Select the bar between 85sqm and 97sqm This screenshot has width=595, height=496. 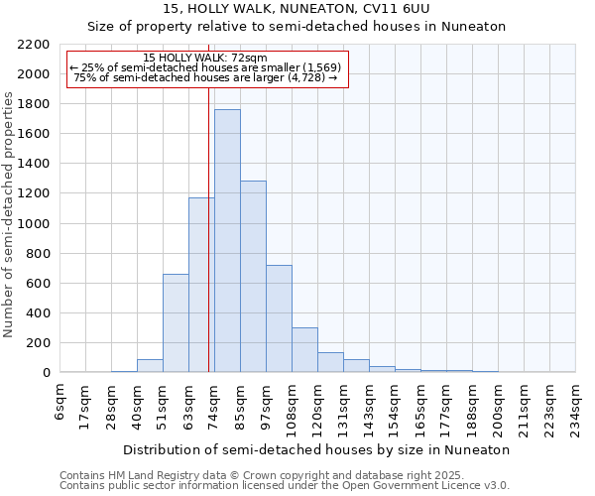click(x=253, y=277)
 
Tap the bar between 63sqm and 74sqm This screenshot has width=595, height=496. click(x=201, y=285)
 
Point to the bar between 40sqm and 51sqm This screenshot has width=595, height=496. click(x=150, y=365)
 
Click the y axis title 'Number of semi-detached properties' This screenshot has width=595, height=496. click(x=10, y=213)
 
